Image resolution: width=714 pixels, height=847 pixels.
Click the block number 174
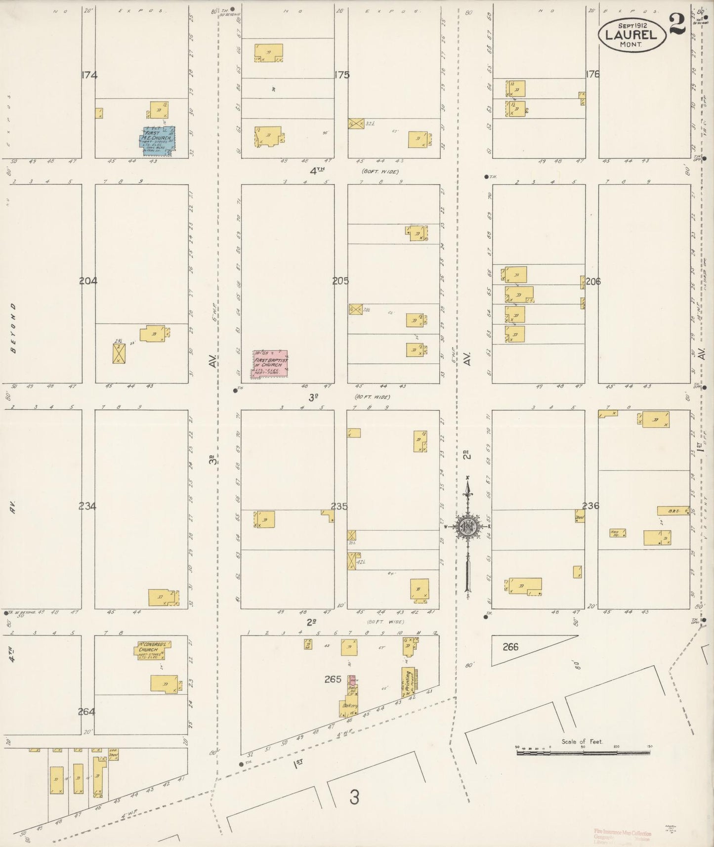point(90,76)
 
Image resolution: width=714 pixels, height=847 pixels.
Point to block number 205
point(340,281)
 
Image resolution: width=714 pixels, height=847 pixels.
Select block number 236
point(590,506)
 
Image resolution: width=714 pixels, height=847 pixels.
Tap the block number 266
point(510,646)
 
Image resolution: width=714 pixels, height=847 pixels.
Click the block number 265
point(333,679)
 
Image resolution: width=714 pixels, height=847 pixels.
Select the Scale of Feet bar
point(583,753)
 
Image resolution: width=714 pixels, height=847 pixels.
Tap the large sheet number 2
point(678,24)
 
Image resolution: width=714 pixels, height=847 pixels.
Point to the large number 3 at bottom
point(354,797)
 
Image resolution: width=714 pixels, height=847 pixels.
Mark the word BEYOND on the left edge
point(13,328)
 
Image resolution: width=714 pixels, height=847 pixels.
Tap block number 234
point(87,506)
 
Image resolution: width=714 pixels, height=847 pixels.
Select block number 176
point(592,74)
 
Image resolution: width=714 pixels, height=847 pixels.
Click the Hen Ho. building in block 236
point(617,533)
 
